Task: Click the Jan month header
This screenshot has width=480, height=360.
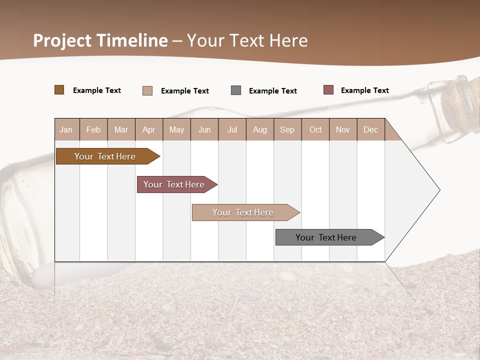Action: [66, 129]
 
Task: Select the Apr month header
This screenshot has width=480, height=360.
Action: [149, 129]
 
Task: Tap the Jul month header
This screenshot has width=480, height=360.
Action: [232, 129]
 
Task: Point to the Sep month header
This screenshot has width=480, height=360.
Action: [287, 129]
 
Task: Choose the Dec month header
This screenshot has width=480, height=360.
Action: [370, 129]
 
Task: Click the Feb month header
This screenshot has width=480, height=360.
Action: [93, 129]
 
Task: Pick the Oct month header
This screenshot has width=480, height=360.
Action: [315, 129]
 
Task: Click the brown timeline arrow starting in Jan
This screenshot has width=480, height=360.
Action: [105, 156]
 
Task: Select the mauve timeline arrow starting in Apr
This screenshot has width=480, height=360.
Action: [174, 184]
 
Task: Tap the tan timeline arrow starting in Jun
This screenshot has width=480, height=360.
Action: [243, 212]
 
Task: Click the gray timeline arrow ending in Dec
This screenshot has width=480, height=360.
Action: [326, 237]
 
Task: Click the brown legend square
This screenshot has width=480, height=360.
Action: [59, 90]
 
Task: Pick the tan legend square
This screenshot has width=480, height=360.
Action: [147, 90]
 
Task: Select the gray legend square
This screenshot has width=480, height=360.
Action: [236, 90]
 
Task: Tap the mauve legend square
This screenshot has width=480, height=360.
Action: [328, 90]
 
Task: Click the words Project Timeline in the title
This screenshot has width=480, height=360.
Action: [100, 40]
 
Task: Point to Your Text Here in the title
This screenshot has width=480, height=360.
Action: [247, 40]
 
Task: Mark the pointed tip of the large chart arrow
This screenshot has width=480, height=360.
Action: [439, 190]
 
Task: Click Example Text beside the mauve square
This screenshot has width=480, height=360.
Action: [364, 90]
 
